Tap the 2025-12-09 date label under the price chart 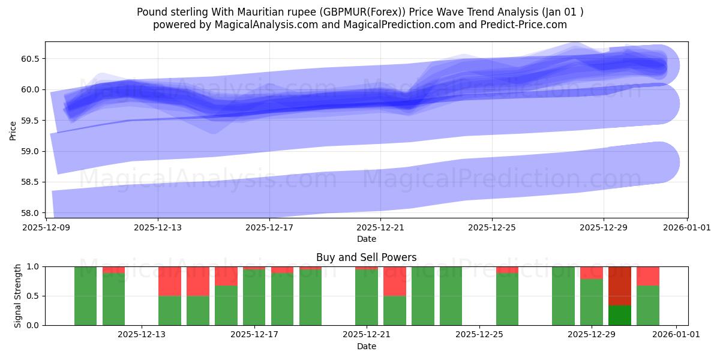(46, 227)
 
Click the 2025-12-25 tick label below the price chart (491, 227)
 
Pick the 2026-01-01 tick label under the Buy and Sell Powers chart (676, 335)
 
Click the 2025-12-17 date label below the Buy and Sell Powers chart (254, 335)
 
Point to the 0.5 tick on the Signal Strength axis (34, 296)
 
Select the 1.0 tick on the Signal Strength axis (34, 266)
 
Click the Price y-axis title (13, 130)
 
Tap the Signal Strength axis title (18, 296)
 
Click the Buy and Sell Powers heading (366, 257)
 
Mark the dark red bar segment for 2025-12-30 (620, 286)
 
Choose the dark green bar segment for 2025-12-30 (620, 316)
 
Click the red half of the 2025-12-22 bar (395, 281)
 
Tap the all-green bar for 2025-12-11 (85, 296)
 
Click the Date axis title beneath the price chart (366, 239)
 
